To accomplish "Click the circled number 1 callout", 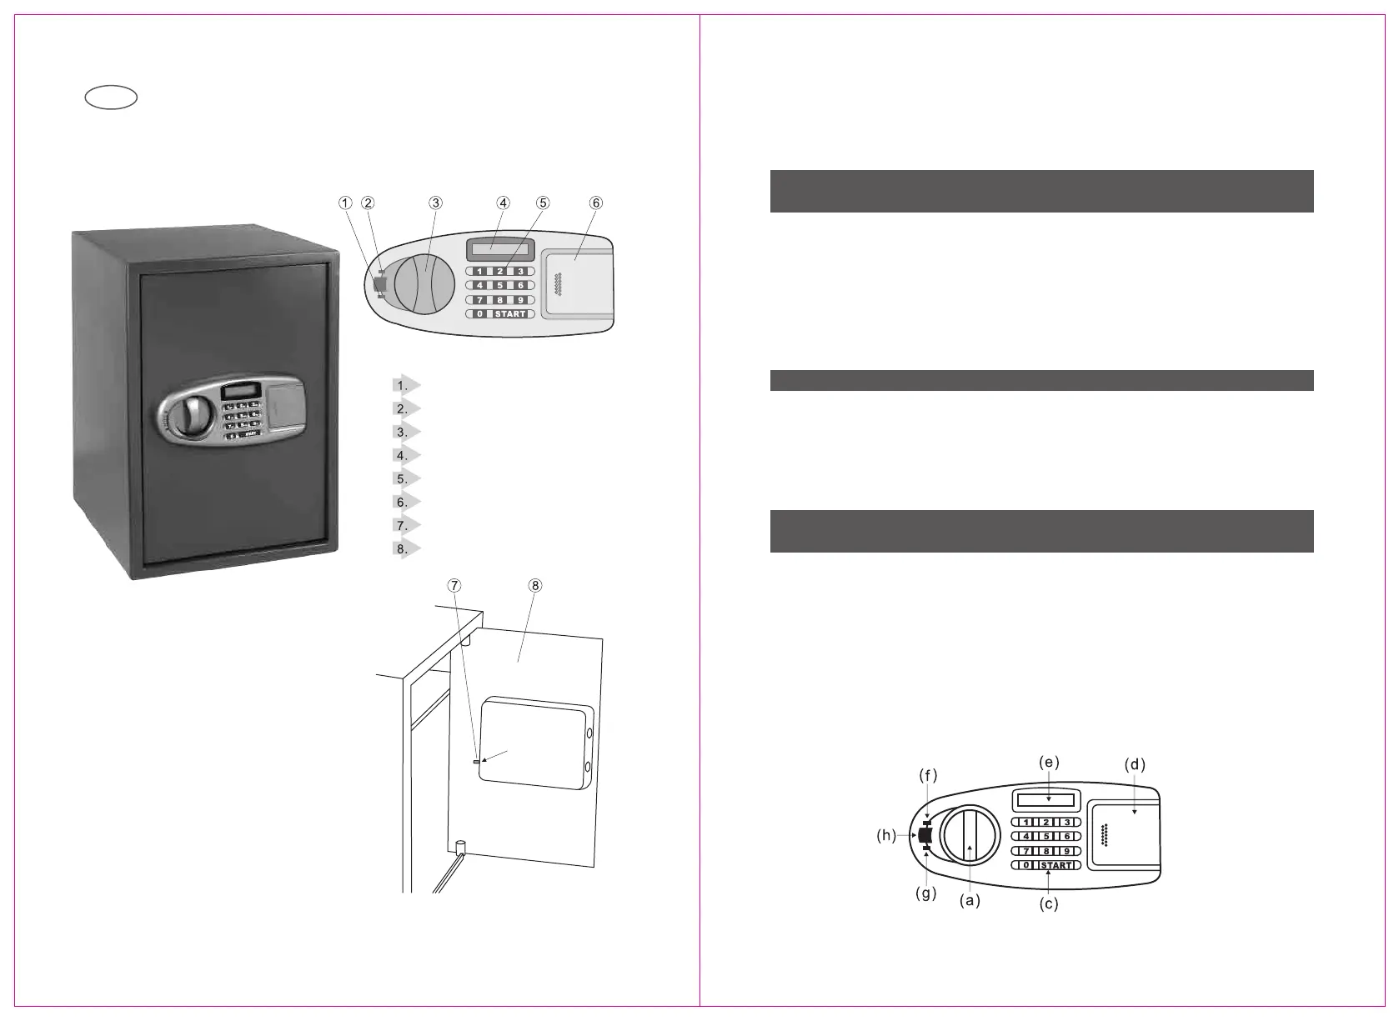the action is (344, 203).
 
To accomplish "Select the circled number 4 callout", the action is (503, 203).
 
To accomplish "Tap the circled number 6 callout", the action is (595, 203).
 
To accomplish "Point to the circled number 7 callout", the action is (454, 585).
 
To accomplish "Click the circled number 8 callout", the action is (535, 585).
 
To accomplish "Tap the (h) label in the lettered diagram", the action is (886, 836).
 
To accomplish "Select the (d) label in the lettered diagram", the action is (1135, 764).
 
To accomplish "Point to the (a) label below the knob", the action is (969, 901).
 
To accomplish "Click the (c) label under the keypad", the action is (1048, 903).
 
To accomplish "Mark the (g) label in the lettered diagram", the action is (925, 893).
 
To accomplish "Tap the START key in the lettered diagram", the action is (1056, 865).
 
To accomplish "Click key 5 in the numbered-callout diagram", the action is (499, 285).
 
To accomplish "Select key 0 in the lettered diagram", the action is (1026, 865).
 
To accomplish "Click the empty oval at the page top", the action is (111, 98).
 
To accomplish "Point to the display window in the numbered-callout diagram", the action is (498, 248).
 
